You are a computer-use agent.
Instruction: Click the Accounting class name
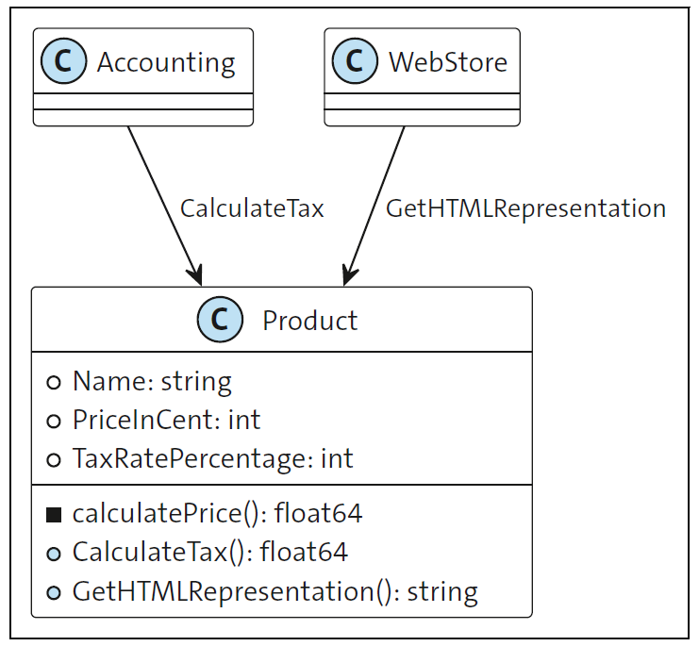coord(166,62)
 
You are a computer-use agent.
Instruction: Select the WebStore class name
coord(448,62)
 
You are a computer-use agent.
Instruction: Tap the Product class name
coord(309,321)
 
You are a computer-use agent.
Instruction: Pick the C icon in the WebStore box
coord(356,62)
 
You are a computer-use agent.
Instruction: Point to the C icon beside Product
coord(220,321)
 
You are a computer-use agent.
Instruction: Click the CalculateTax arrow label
coord(252,208)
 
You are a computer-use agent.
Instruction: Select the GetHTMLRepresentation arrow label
coord(525,208)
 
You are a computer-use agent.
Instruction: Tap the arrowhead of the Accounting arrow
coord(195,274)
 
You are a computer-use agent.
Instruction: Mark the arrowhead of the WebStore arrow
coord(348,274)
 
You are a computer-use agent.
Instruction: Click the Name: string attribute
coord(152,382)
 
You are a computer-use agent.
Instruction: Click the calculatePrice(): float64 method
coord(217,514)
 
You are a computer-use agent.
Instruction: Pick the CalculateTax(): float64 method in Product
coord(209,552)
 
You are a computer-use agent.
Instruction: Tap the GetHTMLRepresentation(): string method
coord(275,591)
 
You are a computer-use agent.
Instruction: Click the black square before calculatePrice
coord(54,514)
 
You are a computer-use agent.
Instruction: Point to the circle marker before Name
coord(54,382)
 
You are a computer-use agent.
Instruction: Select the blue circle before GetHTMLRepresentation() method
coord(54,591)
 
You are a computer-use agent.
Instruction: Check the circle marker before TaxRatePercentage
coord(54,459)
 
